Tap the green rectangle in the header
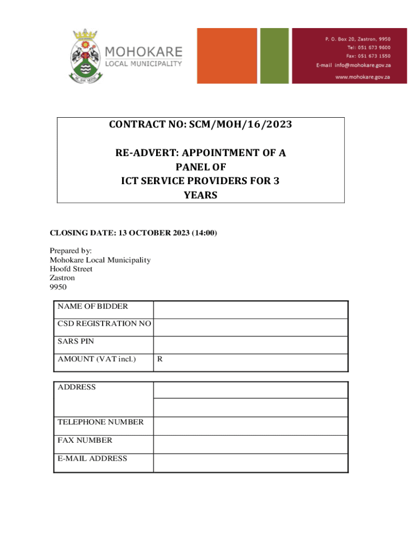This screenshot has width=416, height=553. click(x=274, y=56)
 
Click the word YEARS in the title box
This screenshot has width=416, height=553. click(x=200, y=195)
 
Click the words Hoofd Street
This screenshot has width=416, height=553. click(x=71, y=269)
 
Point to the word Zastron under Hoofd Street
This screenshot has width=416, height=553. click(x=62, y=278)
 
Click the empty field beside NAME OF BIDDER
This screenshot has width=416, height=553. click(x=250, y=310)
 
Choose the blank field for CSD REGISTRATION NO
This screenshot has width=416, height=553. click(x=250, y=327)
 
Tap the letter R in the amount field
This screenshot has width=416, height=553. click(x=159, y=359)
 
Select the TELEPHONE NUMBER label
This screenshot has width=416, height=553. click(x=100, y=422)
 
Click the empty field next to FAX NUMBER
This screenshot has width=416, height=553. click(x=250, y=444)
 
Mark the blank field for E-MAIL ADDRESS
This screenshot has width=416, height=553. click(x=250, y=463)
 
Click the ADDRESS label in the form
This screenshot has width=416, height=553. click(x=77, y=387)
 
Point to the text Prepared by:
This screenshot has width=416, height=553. click(x=71, y=251)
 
